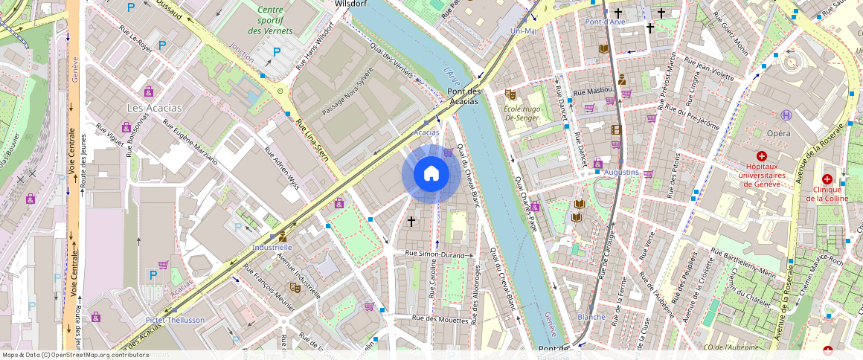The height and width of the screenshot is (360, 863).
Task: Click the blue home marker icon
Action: (431, 174)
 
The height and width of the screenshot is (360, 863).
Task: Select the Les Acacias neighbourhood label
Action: (154, 108)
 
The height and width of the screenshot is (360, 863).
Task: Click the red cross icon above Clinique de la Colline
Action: (827, 179)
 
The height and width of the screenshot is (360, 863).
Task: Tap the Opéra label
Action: (778, 132)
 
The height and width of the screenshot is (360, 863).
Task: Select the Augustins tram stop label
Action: (621, 173)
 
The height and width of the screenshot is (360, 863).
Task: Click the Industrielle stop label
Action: (272, 246)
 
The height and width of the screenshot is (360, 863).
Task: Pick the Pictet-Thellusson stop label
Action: (175, 320)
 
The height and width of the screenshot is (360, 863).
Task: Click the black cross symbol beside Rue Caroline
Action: (411, 221)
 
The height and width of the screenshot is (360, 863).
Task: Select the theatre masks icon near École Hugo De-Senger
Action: (510, 94)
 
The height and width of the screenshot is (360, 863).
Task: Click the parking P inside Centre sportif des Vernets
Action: (277, 52)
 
